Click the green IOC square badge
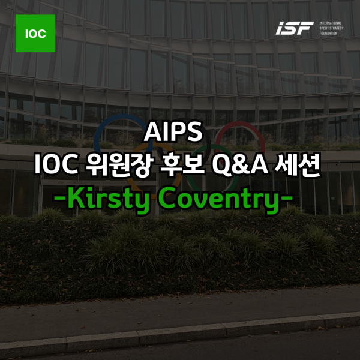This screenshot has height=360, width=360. click(x=35, y=33)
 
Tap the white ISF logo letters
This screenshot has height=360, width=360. click(x=295, y=28)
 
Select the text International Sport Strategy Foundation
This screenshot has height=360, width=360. click(x=331, y=28)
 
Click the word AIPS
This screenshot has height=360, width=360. click(x=173, y=131)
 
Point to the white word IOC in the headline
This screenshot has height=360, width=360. click(x=56, y=165)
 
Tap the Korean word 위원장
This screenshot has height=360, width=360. click(x=119, y=165)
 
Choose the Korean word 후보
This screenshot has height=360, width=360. click(x=182, y=164)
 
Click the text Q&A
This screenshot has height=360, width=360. click(x=240, y=165)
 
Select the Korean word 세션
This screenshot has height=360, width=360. click(x=298, y=164)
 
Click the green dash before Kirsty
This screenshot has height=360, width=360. click(x=60, y=197)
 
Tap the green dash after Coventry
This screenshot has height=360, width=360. click(x=287, y=197)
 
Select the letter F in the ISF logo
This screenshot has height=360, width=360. click(x=305, y=28)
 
